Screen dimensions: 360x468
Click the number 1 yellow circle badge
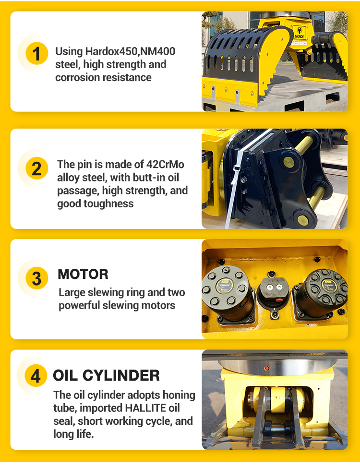tap(36, 53)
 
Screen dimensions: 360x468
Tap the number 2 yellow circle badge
tap(36, 168)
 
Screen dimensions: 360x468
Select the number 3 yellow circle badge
tap(36, 278)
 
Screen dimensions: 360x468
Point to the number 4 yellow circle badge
tap(36, 375)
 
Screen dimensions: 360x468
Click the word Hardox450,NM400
tap(130, 51)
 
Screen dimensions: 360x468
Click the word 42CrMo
tap(165, 165)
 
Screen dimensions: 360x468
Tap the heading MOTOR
tap(83, 274)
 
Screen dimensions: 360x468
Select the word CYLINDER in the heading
tap(121, 375)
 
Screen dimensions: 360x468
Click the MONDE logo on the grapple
tap(300, 32)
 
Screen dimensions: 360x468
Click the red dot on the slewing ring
tap(267, 368)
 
